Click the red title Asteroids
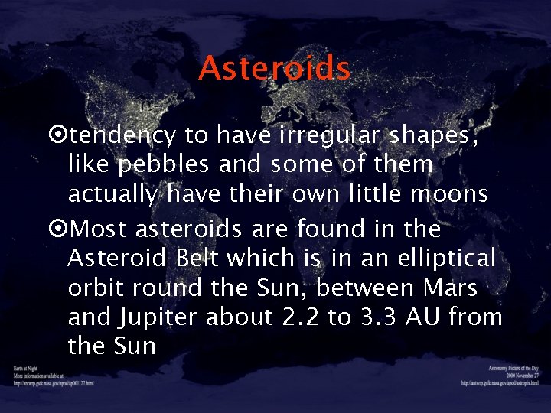click(275, 69)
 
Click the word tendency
click(122, 135)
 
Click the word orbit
click(98, 288)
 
